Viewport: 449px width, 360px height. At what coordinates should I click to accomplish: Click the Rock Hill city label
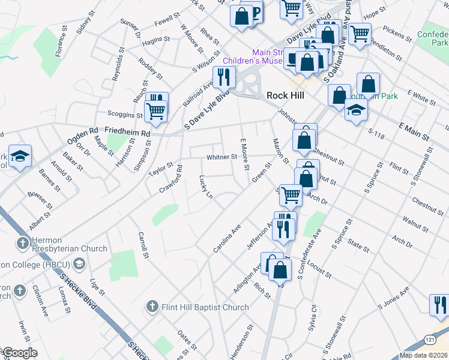285,96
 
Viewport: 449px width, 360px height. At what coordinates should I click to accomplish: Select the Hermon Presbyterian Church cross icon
22,243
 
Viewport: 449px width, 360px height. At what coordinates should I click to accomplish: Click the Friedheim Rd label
127,130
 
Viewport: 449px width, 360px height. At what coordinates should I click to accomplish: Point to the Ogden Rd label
85,131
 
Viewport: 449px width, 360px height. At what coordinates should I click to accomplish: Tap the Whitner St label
222,157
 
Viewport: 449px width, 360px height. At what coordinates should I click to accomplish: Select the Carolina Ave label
226,239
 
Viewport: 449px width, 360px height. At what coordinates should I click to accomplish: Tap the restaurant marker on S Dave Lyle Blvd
224,77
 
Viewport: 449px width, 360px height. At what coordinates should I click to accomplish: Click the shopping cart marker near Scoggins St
156,110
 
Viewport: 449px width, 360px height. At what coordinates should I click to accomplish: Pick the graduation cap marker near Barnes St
20,157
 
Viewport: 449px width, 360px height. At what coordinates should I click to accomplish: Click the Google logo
19,353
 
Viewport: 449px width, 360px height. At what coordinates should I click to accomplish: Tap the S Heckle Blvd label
78,292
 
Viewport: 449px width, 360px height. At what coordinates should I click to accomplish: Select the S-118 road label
376,131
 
